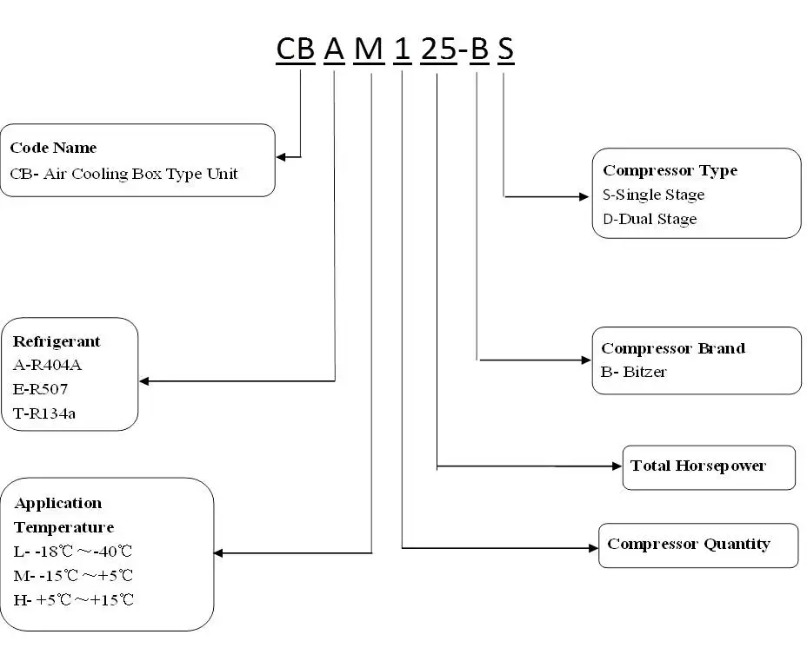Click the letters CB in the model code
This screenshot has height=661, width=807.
[296, 50]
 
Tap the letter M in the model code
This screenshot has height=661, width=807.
[369, 50]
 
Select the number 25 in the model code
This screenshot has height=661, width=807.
[438, 50]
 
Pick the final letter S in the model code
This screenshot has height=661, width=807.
[505, 50]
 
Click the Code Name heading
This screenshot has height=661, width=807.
[54, 148]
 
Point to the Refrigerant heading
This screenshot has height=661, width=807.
[57, 341]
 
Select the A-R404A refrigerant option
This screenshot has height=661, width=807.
[47, 365]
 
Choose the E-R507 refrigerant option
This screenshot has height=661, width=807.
[40, 389]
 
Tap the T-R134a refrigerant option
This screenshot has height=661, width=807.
[44, 413]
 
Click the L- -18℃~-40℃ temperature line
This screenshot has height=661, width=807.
[73, 552]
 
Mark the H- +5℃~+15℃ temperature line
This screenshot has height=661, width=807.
[74, 600]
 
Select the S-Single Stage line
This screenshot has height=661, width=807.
[654, 195]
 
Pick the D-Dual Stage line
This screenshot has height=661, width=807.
[650, 219]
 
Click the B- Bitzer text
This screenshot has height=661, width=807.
[634, 372]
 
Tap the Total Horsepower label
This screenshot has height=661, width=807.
[698, 466]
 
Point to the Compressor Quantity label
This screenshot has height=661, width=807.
[689, 544]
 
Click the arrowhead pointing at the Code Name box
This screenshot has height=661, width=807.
[281, 156]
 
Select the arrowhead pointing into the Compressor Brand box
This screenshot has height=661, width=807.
[586, 360]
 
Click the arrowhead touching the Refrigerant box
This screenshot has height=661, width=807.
[144, 380]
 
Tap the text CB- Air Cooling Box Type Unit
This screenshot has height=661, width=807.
[124, 174]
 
